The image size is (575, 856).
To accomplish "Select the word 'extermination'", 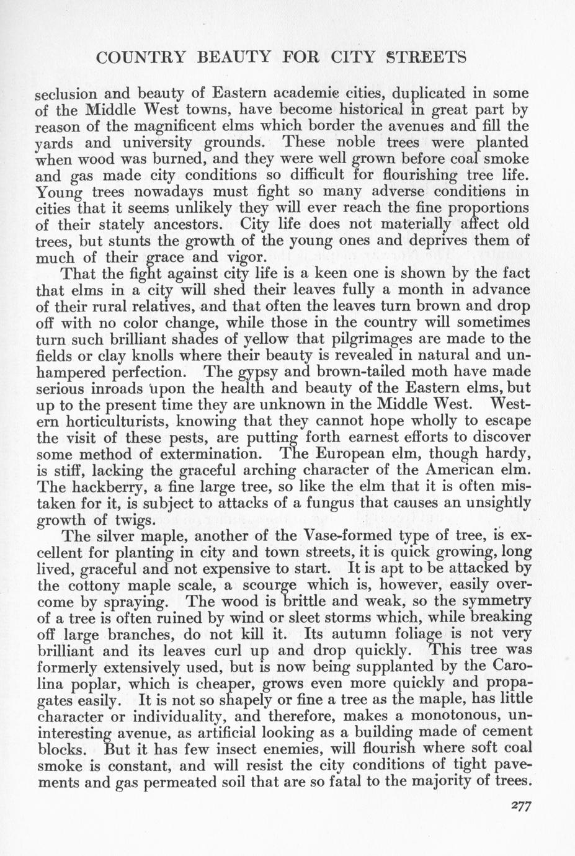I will coord(192,453).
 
